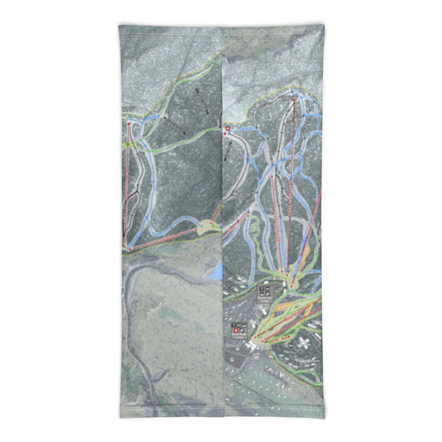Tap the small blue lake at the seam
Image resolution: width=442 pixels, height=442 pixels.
(216, 271)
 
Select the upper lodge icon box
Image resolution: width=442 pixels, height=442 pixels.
(265, 291)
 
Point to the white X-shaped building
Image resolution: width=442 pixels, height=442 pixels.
(303, 342)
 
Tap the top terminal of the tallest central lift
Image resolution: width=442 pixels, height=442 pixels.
(294, 99)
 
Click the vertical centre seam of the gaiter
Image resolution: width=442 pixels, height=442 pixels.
(223, 221)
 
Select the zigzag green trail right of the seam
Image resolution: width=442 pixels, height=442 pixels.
(255, 243)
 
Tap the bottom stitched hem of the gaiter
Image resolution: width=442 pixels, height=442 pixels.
(221, 415)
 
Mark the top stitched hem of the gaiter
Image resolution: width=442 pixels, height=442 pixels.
(221, 26)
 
